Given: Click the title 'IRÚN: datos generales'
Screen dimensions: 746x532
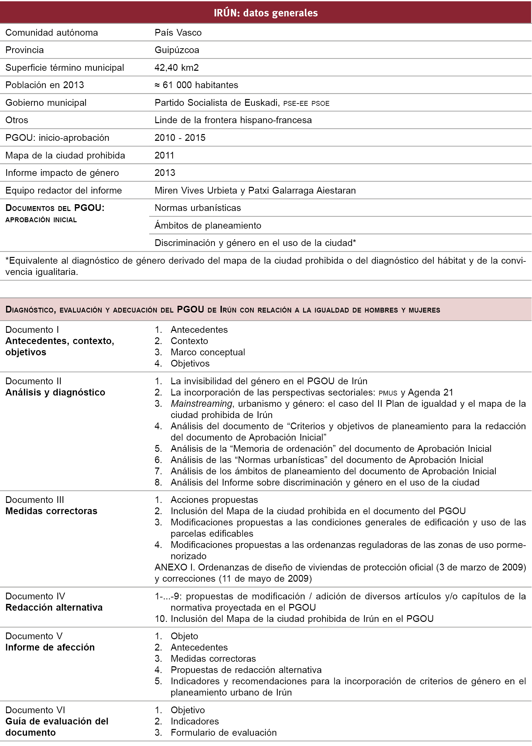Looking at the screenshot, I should click(x=266, y=13).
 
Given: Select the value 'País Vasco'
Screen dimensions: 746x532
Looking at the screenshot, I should click(x=178, y=32).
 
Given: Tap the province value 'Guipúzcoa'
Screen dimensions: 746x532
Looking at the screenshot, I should click(x=176, y=50).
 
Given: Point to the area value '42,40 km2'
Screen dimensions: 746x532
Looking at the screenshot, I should click(x=176, y=68).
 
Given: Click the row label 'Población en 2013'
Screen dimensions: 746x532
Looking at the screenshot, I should click(x=45, y=85).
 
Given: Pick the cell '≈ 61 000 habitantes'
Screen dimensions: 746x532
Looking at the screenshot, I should click(x=196, y=85).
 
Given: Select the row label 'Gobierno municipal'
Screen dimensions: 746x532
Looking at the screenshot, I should click(x=46, y=103).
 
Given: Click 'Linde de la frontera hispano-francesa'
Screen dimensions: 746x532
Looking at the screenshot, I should click(x=233, y=120).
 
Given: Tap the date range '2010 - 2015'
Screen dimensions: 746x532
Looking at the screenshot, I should click(x=180, y=138).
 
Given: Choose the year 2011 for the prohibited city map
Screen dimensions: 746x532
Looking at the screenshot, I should click(x=164, y=155).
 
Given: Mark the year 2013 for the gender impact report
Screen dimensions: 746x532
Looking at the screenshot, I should click(x=165, y=173).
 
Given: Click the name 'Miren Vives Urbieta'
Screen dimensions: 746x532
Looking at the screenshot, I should click(x=195, y=190).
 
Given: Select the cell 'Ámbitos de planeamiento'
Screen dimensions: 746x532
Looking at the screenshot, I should click(x=208, y=225).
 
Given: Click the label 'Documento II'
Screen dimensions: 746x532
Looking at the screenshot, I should click(x=33, y=381).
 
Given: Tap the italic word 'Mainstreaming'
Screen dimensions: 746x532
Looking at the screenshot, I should click(x=201, y=404).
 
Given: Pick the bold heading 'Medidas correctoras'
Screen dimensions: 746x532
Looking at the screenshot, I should click(x=51, y=511).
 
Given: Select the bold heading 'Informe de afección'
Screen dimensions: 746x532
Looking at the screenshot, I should click(x=50, y=647).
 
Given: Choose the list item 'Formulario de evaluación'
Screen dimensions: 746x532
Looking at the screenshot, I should click(x=223, y=732).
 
